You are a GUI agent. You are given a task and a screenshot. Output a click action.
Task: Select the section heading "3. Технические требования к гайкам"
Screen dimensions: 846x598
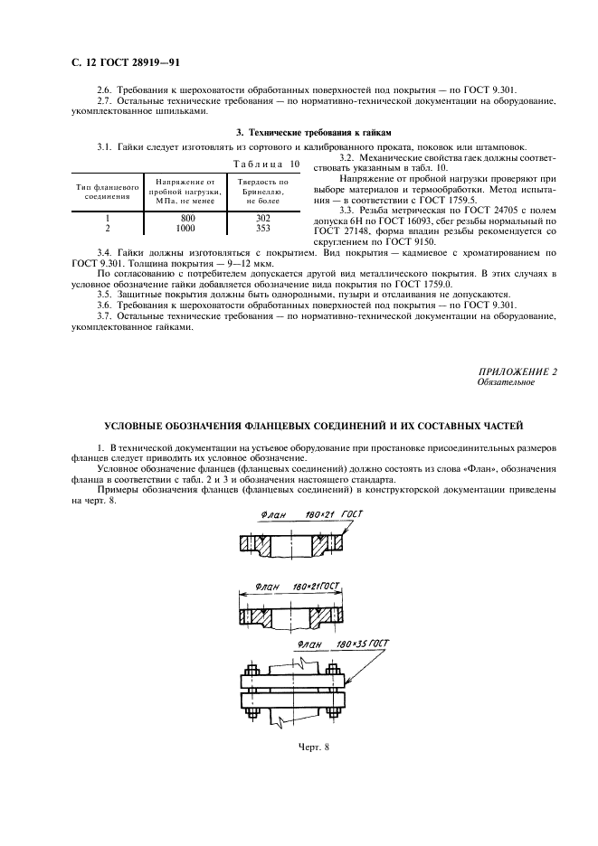[299, 133]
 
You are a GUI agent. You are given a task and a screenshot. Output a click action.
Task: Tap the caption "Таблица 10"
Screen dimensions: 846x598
[265, 164]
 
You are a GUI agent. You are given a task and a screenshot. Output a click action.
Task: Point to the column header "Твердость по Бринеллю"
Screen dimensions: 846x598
[262, 191]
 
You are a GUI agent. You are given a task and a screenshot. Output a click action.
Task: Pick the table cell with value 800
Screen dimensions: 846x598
[186, 218]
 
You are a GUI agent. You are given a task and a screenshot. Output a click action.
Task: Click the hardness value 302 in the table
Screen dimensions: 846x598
[262, 218]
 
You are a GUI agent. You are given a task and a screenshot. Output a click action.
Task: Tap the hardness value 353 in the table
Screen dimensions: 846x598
[262, 229]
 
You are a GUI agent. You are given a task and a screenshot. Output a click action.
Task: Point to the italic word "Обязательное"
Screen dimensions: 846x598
[506, 382]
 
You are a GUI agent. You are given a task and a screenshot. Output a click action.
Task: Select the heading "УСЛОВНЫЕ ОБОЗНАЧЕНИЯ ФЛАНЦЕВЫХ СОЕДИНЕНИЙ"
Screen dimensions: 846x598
[313, 426]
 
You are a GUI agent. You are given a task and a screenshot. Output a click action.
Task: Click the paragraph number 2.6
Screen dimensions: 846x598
[105, 89]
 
